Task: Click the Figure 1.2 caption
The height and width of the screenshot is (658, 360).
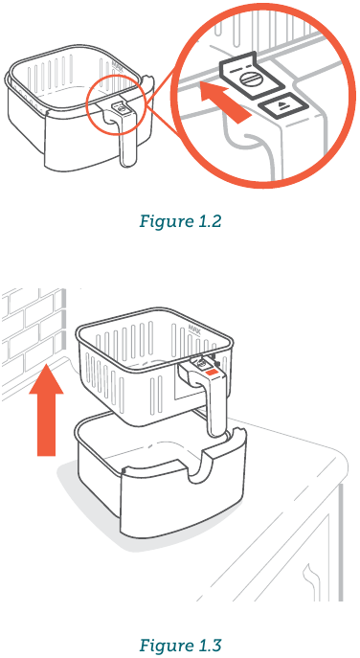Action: [180, 221]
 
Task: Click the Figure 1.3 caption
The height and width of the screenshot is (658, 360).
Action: [180, 645]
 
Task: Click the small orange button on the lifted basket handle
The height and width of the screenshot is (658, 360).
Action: [211, 372]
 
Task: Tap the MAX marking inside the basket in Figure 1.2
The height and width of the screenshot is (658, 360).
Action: [116, 66]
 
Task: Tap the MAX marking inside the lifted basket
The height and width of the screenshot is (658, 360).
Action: [195, 329]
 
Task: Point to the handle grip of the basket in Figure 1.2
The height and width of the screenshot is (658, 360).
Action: [125, 139]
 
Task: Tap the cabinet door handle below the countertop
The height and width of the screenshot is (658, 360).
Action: [309, 579]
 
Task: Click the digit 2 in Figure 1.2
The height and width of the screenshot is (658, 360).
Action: [216, 221]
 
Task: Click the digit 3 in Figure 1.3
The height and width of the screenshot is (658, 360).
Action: [216, 645]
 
